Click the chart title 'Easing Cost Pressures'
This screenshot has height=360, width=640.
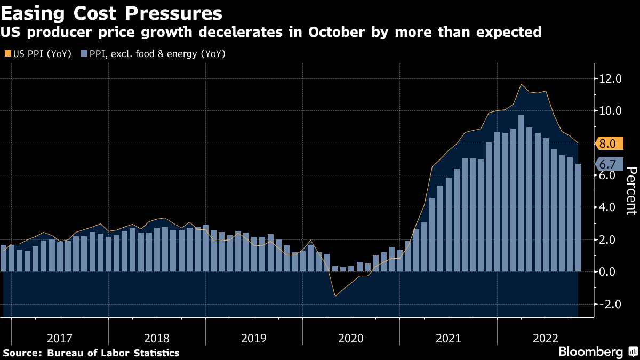(x=111, y=12)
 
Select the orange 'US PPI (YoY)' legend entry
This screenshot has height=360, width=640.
(x=38, y=53)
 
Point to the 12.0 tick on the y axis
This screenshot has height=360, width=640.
(x=611, y=79)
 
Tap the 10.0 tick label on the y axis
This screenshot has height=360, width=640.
(x=611, y=111)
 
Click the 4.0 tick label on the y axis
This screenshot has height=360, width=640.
(x=611, y=207)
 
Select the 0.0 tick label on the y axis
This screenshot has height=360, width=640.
(x=611, y=272)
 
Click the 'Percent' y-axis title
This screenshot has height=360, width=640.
(x=631, y=190)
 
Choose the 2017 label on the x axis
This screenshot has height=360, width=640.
(x=60, y=338)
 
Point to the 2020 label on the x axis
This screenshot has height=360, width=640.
(x=351, y=338)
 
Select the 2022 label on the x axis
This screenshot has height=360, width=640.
(x=545, y=338)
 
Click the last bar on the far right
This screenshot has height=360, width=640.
(x=578, y=219)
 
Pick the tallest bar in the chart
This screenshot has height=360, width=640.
(x=521, y=195)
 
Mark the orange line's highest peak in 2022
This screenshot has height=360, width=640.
(x=521, y=84)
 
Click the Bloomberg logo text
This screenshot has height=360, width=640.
(x=590, y=351)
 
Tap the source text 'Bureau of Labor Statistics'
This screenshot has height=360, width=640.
(x=113, y=353)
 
